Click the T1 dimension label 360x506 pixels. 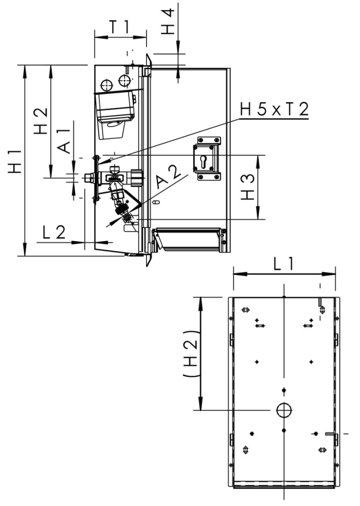point(120,27)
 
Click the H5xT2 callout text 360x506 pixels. point(274,110)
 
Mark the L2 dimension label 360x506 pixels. point(53,232)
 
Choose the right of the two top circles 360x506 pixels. point(124,81)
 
